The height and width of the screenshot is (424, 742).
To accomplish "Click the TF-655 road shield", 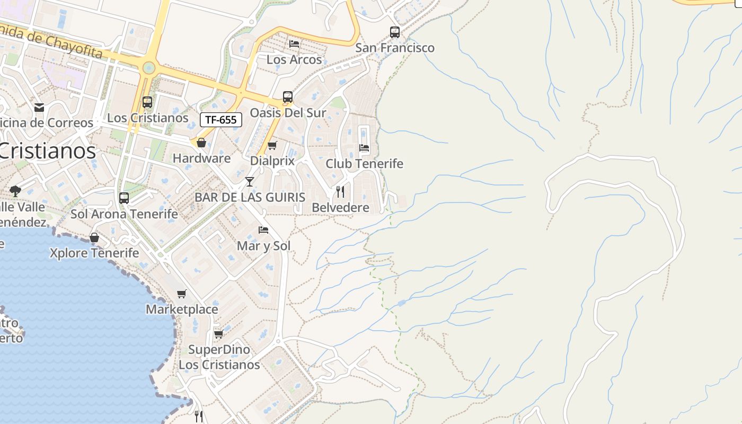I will [221, 120].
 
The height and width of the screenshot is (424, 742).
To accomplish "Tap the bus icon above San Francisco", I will [395, 32].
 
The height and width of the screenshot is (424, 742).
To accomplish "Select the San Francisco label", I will [395, 48].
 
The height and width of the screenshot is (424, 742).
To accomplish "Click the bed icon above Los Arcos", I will [294, 44].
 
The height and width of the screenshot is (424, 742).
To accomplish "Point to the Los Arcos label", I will [294, 59].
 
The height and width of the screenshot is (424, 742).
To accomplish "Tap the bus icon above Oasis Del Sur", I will [288, 97].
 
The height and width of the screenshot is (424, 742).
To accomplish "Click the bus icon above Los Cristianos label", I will [147, 102].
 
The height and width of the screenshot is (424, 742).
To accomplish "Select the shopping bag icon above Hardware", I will [201, 143].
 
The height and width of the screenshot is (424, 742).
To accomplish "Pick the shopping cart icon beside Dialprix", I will [272, 145].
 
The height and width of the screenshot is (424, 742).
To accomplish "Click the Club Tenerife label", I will [364, 164].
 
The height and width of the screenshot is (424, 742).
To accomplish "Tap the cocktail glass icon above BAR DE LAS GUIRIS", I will [250, 182].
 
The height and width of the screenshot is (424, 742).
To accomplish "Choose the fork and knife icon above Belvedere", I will [340, 192].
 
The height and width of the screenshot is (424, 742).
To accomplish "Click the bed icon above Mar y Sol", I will [263, 230].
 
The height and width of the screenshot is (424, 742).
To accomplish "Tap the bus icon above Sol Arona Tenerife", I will [124, 198].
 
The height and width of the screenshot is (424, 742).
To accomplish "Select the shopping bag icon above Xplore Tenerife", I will [94, 237].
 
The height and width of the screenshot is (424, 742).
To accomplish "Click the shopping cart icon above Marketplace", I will [182, 294].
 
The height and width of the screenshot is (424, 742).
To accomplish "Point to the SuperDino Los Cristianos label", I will [219, 357].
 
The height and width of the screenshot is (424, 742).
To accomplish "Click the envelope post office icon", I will [39, 108].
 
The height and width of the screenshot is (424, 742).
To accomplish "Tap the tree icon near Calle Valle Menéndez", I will [15, 191].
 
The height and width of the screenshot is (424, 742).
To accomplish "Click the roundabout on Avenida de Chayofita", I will [149, 68].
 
